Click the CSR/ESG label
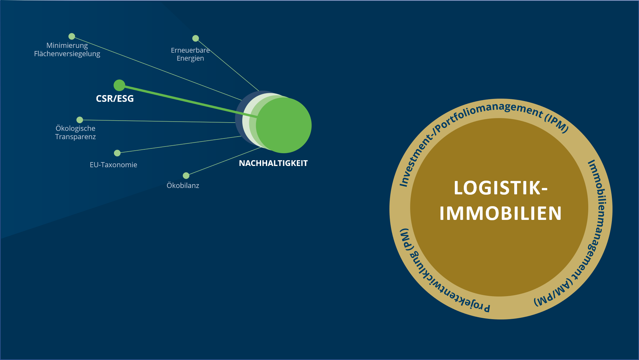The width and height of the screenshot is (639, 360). pos(115,99)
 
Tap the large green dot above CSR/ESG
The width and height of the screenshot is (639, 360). pos(119,85)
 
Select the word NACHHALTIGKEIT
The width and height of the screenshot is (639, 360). pos(273,163)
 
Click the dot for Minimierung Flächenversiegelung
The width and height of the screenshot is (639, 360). pos(72,36)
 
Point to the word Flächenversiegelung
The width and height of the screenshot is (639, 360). pos(67,54)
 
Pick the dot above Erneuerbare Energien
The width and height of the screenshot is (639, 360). pos(196,38)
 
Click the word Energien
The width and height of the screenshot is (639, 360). pos(190,58)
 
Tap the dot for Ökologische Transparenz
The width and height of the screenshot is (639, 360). pos(80,120)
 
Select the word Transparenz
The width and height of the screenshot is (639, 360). pos(75,137)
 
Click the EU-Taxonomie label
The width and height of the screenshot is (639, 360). pos(113,165)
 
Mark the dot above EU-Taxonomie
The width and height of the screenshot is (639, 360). pos(117,153)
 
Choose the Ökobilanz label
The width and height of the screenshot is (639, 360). pos(183,185)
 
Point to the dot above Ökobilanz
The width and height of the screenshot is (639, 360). pos(186,176)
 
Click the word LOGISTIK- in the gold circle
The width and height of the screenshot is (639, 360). pos(501,188)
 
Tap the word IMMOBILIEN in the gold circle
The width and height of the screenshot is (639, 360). pos(500,214)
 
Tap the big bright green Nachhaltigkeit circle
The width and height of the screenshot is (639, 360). pos(284,125)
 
